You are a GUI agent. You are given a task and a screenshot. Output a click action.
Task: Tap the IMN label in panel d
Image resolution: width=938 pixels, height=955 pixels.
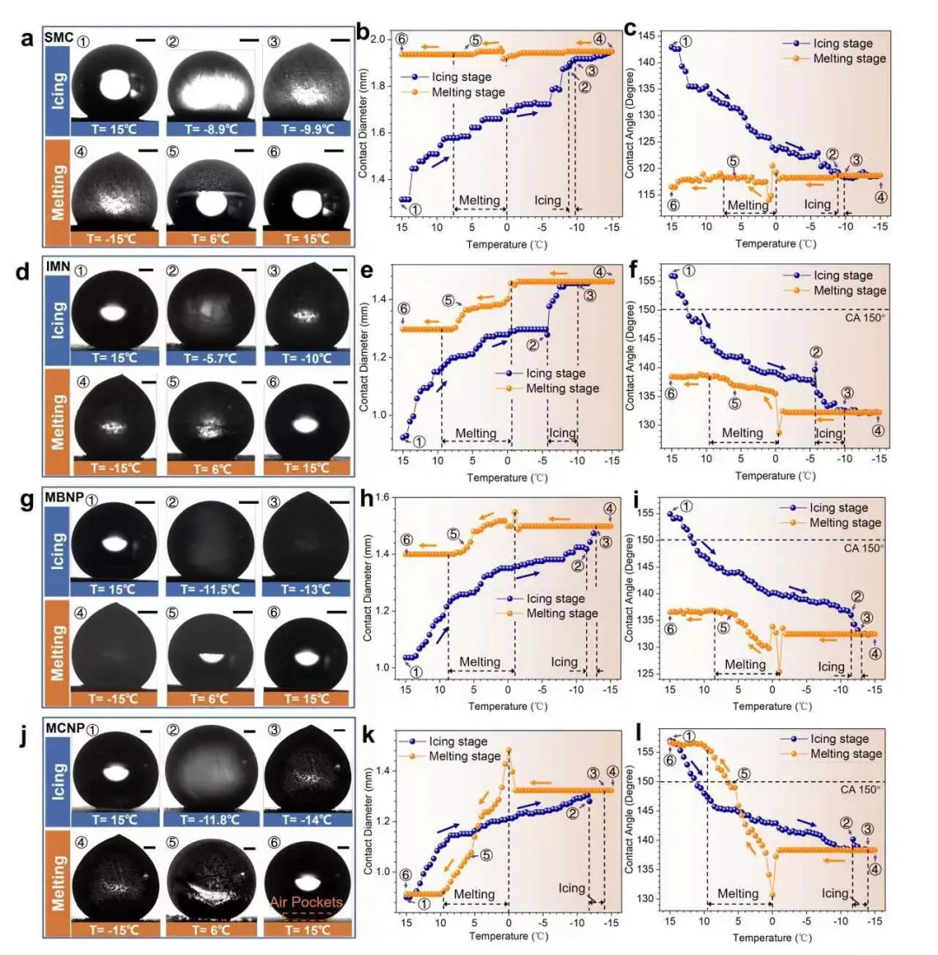[x=57, y=270]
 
